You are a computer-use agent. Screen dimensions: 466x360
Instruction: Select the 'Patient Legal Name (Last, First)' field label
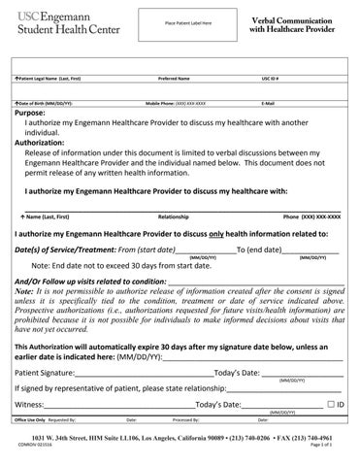(x=54, y=77)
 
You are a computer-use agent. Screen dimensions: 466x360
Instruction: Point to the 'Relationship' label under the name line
(x=173, y=216)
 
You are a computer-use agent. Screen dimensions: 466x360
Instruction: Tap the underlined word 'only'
(x=219, y=233)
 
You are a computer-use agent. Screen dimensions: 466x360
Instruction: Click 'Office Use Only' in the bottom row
(x=30, y=420)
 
